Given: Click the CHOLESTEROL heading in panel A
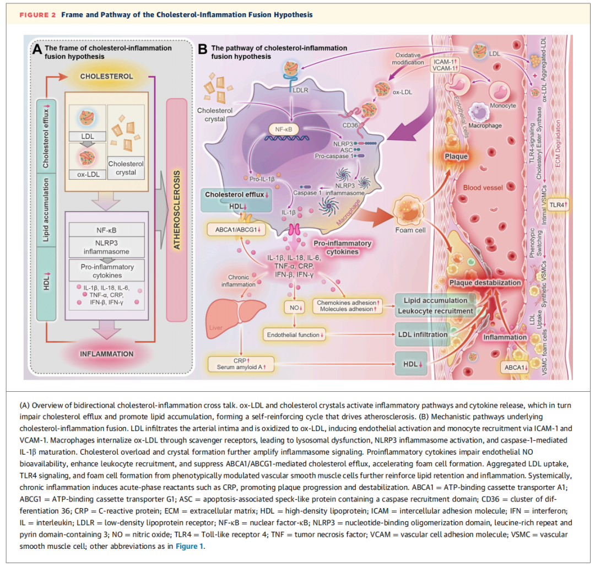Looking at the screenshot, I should point(107,76).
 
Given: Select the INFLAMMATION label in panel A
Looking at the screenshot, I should point(107,354).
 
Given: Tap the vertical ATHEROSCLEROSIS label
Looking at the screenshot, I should point(177,210).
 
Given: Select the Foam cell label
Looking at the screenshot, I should point(410,230).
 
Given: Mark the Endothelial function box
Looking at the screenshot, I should point(296,334).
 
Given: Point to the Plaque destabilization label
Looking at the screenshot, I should point(484,283).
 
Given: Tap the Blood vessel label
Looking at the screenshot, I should point(483,187).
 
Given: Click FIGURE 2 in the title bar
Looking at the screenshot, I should point(37,14).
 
